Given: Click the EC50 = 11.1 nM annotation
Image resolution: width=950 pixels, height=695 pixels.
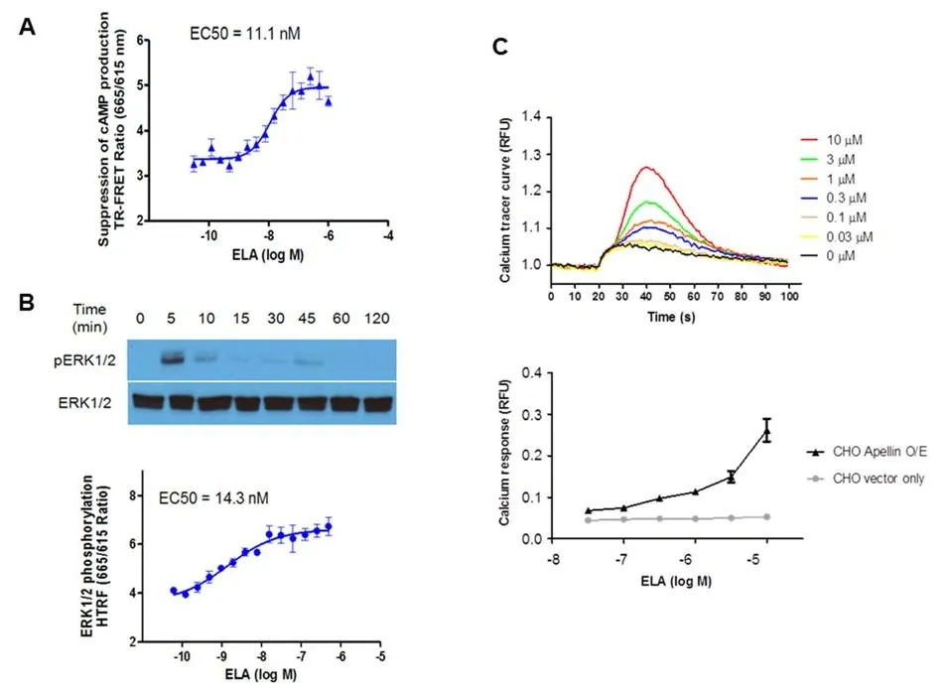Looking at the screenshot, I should pos(244,34).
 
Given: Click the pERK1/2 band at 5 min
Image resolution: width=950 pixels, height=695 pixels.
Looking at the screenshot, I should pos(175,357).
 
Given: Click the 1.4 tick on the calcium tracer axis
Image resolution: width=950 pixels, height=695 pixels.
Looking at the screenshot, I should pos(533,117).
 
